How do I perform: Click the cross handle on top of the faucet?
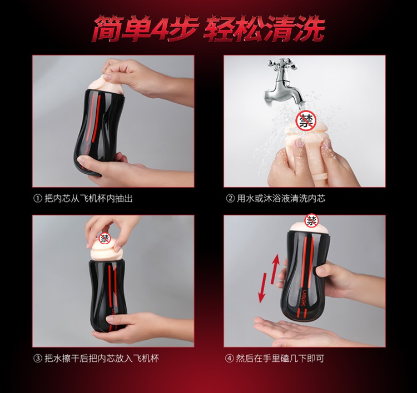[x=278, y=64]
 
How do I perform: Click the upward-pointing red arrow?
[x=275, y=269]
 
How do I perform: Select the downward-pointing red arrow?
[x=263, y=288]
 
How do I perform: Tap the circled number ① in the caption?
[x=37, y=198]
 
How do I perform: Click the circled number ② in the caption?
[x=230, y=198]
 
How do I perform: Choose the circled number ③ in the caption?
[x=37, y=359]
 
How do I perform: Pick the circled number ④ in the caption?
[x=229, y=359]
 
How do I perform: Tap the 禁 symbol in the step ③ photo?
[x=105, y=238]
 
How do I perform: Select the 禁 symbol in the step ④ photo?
[x=311, y=220]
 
